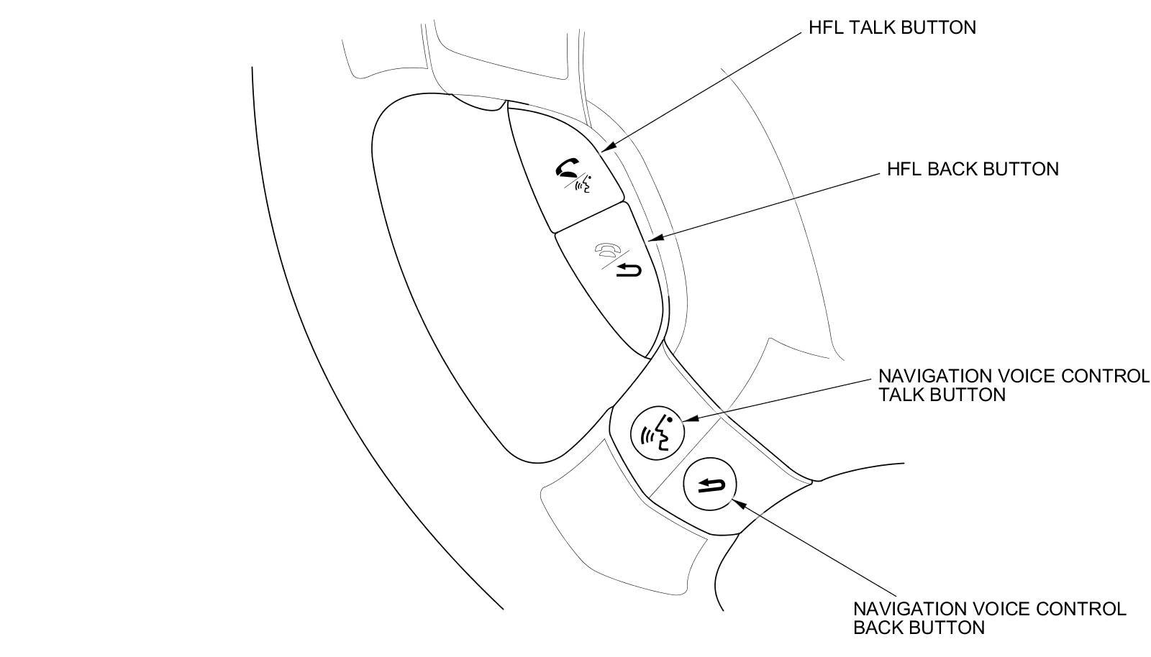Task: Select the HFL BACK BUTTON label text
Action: tap(973, 169)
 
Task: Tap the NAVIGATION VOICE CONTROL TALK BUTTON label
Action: tap(1014, 385)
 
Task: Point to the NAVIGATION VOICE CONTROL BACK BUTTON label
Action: tap(989, 618)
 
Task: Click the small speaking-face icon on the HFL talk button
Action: tap(584, 186)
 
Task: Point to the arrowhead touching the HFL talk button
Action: tap(606, 148)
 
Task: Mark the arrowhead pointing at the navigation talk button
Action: tap(686, 419)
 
